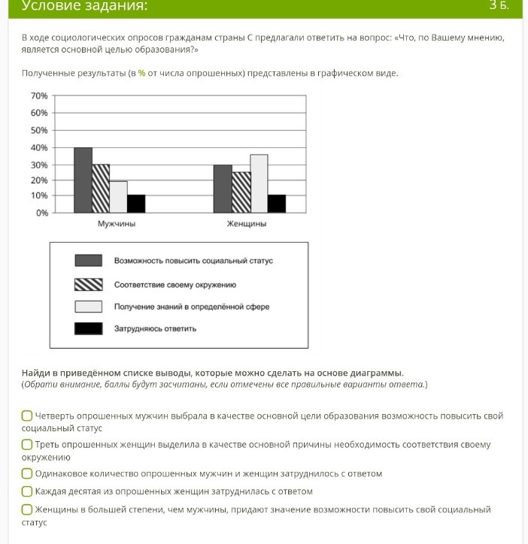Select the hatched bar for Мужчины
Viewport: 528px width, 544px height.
[101, 189]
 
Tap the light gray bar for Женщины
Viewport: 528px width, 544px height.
[259, 184]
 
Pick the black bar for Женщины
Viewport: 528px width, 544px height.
[277, 204]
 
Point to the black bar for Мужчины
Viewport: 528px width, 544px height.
[136, 204]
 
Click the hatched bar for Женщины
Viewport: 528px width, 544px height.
[241, 192]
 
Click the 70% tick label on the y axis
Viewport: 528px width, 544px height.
[39, 96]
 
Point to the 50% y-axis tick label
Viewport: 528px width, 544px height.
[39, 130]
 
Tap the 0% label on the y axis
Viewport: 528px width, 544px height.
[41, 213]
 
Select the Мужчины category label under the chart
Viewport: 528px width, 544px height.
[117, 224]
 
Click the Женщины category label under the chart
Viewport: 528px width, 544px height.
[247, 224]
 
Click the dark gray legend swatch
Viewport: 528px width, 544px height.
[88, 261]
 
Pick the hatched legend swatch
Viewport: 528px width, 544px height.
[88, 284]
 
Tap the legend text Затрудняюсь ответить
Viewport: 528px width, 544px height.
[155, 328]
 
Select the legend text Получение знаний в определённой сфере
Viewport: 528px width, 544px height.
[191, 307]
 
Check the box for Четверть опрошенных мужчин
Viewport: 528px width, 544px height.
[27, 416]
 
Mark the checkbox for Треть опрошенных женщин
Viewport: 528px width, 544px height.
[27, 445]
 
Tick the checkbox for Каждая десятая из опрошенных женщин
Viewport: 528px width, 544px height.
[27, 491]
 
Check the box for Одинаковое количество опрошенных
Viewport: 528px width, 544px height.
[27, 473]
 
